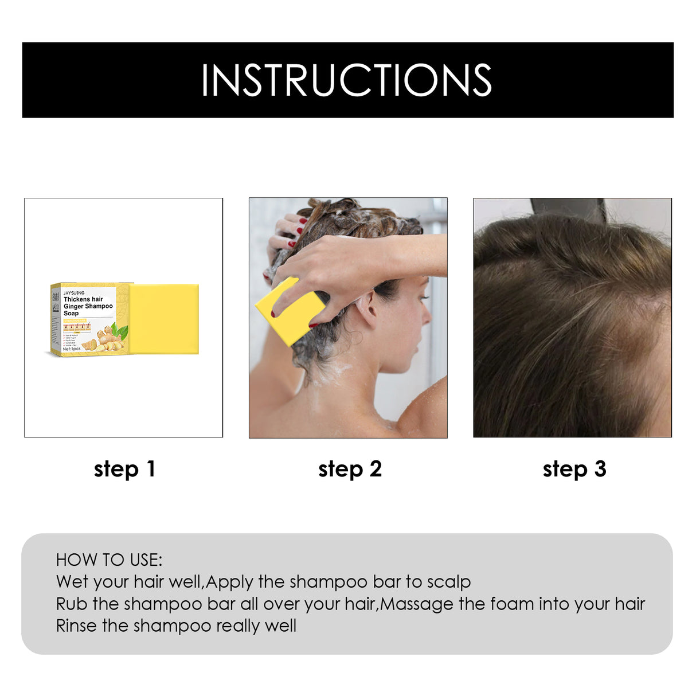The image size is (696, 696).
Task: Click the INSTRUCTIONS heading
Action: coord(347,80)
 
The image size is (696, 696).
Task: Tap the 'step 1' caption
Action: coord(124,469)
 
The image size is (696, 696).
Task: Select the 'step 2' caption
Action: coord(350,469)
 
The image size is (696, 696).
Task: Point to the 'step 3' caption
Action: coord(574,469)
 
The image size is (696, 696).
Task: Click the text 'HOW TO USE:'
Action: coord(109,560)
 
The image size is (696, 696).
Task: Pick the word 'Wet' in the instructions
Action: coord(72,581)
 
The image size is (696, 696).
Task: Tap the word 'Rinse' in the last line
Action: coord(76,625)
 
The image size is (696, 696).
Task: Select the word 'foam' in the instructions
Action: coord(510,604)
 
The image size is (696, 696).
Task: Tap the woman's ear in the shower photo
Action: coord(367,307)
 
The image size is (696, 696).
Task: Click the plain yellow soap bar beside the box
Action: coord(165,318)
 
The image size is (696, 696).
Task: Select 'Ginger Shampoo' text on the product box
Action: coord(88,306)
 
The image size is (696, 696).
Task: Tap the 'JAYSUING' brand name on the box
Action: coord(74,293)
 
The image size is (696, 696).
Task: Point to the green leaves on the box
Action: coord(121,330)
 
